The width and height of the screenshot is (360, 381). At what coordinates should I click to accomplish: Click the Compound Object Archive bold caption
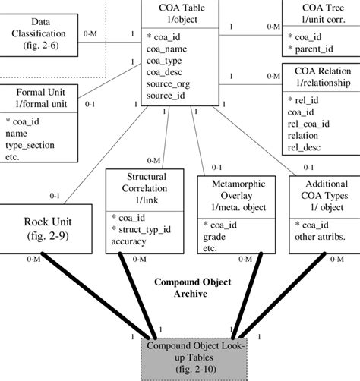(x=192, y=288)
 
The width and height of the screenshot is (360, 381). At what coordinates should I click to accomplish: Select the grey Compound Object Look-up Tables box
(x=194, y=358)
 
